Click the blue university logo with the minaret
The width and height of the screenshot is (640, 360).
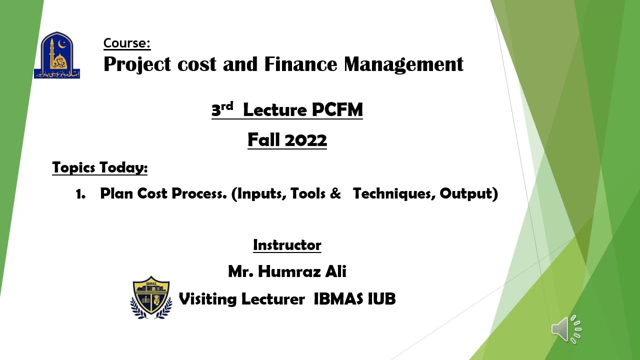coord(57,55)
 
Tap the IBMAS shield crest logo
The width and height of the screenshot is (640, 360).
coord(151,297)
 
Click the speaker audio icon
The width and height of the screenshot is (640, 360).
coord(566,329)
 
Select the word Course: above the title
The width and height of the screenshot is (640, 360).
coord(127,43)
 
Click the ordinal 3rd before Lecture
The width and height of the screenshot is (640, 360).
coord(222,109)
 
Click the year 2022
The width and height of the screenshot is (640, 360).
coord(306,140)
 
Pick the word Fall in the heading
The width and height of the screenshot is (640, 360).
coord(263,140)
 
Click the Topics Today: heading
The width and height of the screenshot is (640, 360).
coord(100,167)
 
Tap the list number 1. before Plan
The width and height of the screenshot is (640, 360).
coord(80,194)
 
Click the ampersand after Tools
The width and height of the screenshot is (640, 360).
coord(335,193)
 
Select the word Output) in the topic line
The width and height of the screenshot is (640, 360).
coord(468,193)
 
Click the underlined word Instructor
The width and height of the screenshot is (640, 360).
coord(287,245)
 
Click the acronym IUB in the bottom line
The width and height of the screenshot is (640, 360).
coord(381,299)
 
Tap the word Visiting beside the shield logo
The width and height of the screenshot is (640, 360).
coord(207,299)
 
